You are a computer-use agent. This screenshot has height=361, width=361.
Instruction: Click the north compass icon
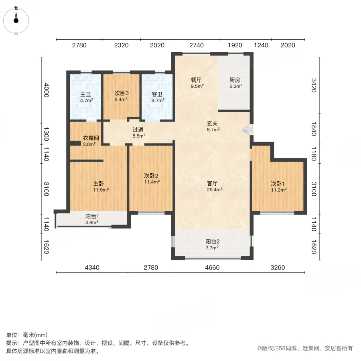[16, 18]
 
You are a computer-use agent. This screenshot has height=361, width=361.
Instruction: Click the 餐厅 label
[197, 79]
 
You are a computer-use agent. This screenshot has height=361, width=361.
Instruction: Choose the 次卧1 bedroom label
[278, 184]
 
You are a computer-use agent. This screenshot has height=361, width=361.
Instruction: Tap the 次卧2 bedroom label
[152, 175]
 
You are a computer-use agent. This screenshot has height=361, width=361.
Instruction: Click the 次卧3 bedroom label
[122, 93]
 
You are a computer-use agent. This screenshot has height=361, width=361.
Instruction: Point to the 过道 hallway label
[138, 130]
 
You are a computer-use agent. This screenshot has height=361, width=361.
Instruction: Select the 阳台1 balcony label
[92, 216]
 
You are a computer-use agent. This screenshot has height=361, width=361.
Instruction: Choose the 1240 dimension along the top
[261, 45]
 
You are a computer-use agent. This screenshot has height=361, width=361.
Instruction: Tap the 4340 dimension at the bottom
[92, 268]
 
